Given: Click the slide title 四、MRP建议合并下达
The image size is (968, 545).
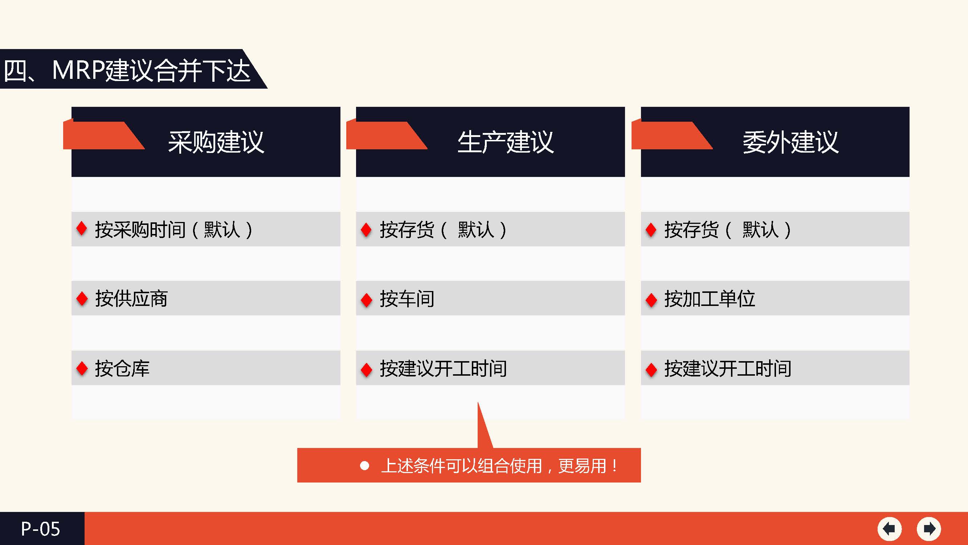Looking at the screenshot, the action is [127, 70].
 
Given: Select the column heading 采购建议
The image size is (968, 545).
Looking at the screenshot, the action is [216, 142].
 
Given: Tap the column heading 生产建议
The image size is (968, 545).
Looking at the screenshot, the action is [506, 142].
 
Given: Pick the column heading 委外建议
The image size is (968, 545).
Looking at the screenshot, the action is [790, 142].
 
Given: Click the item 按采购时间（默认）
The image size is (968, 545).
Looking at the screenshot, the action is [174, 229].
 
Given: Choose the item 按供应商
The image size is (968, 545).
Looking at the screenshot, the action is [131, 299].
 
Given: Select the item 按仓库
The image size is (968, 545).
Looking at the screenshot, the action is [122, 368].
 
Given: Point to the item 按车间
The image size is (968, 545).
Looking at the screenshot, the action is [407, 299].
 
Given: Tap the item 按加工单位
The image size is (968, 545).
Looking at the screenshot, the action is [710, 299].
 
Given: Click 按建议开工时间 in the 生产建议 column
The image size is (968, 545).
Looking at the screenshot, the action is [443, 368].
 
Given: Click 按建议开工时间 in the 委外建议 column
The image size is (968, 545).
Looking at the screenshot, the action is [728, 368].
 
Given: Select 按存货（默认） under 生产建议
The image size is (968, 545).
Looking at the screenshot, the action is [444, 229].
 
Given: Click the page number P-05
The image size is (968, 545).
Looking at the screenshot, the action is [40, 529].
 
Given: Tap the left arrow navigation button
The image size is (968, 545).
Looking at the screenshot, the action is [890, 529].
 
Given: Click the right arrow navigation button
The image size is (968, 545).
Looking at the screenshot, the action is [929, 529].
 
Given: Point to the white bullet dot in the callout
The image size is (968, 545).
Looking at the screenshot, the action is [364, 466].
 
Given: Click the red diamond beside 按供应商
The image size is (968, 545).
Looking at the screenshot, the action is [82, 299].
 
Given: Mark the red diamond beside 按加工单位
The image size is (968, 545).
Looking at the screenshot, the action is [651, 299].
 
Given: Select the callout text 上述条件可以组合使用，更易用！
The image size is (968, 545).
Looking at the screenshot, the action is [499, 466].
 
